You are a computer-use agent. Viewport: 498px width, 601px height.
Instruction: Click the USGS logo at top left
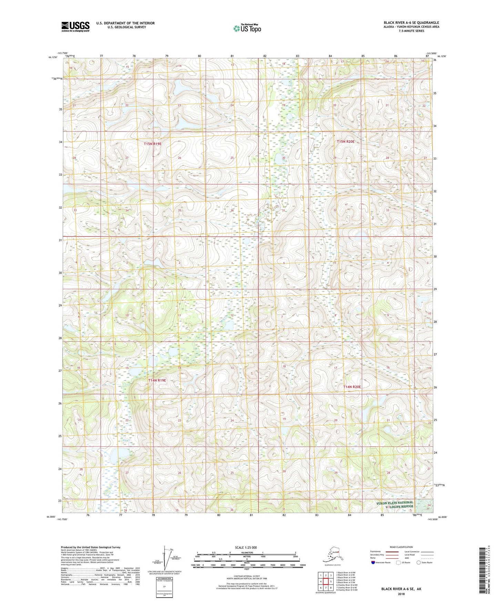pyautogui.click(x=75, y=27)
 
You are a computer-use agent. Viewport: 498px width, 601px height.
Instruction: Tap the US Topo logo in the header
pyautogui.click(x=247, y=28)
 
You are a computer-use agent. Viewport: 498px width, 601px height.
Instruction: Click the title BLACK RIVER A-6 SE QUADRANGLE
pyautogui.click(x=411, y=23)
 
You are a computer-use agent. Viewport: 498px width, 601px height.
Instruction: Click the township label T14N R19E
pyautogui.click(x=157, y=380)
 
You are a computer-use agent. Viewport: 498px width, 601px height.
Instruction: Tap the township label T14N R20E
pyautogui.click(x=352, y=387)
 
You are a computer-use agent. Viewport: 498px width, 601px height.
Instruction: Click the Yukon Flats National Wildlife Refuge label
pyautogui.click(x=395, y=505)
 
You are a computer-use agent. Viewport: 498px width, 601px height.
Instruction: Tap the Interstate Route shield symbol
pyautogui.click(x=373, y=562)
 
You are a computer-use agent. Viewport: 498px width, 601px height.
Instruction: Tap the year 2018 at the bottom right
pyautogui.click(x=401, y=594)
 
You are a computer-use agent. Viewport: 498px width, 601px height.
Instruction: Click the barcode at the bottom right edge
pyautogui.click(x=484, y=571)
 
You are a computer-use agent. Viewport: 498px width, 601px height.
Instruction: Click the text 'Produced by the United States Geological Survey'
pyautogui.click(x=91, y=547)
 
